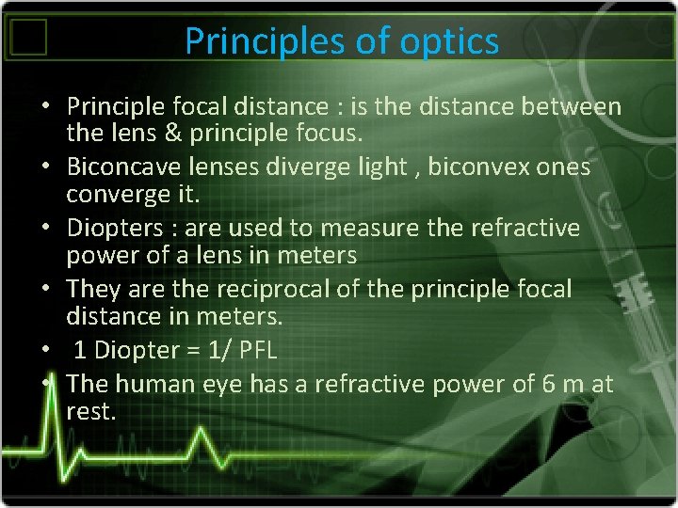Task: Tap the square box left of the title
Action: click(x=30, y=38)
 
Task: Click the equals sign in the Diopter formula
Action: click(x=194, y=351)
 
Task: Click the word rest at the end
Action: click(x=89, y=410)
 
